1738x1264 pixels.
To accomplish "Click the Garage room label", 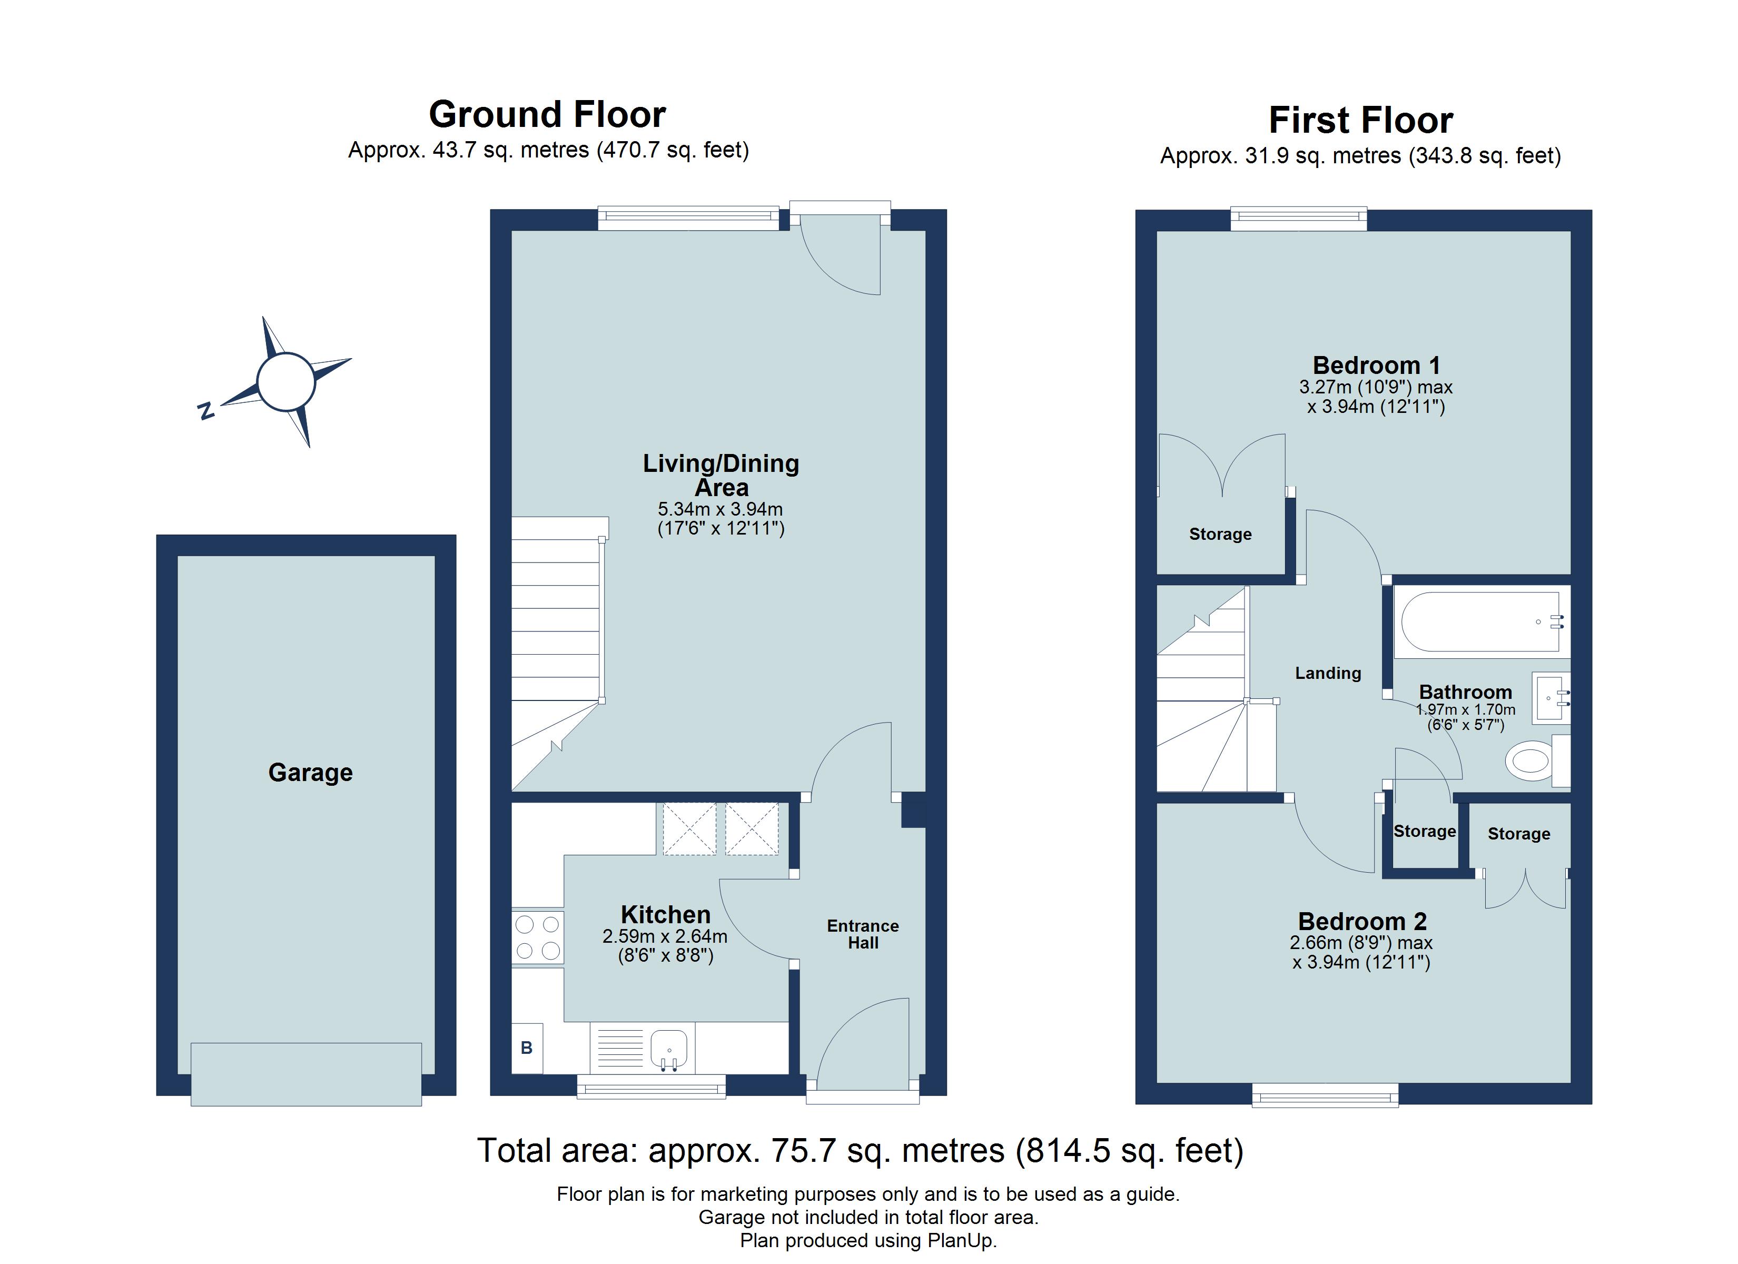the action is (310, 773).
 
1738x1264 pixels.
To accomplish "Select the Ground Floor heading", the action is (547, 115).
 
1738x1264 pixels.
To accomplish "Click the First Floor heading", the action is (1360, 121).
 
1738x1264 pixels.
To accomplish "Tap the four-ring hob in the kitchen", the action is (537, 937).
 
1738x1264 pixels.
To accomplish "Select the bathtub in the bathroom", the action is (1482, 623).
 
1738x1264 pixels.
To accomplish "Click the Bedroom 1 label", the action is (1376, 365).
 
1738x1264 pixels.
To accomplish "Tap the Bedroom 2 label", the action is (1362, 921).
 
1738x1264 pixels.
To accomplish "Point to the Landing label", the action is (1328, 673).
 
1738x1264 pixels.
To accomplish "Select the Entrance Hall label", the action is (863, 934).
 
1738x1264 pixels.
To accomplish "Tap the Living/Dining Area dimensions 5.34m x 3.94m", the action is (720, 509).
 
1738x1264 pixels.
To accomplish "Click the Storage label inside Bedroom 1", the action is (1220, 534).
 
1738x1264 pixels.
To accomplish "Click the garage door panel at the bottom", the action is (306, 1074).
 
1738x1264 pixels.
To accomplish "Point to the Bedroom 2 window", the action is (1325, 1094).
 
